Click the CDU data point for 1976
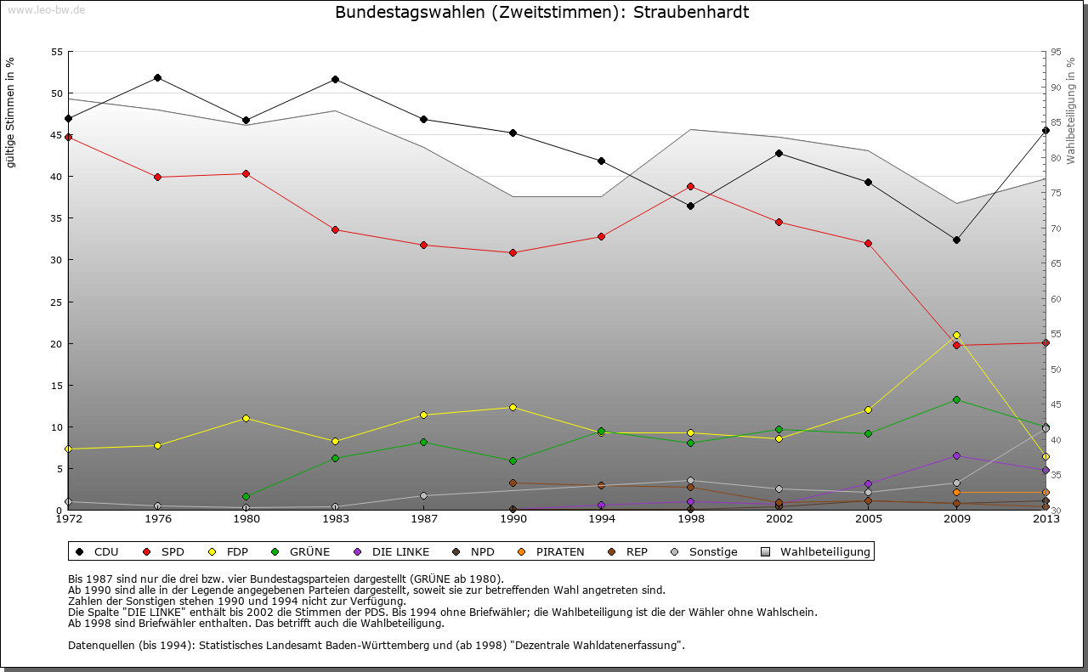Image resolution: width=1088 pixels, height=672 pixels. pos(157,77)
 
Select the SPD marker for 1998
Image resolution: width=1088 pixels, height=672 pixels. pos(690,186)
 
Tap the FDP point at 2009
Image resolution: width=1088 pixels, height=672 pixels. pos(956,335)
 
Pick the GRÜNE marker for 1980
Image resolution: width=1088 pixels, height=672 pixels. pos(246,496)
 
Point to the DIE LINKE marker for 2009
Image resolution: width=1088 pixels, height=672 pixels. pos(956,455)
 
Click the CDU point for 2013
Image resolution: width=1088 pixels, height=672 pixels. pos(1045,130)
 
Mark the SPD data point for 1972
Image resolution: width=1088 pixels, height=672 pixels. pos(68,137)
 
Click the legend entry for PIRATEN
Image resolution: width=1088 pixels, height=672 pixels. pos(552,552)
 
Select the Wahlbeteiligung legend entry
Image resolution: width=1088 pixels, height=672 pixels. pos(817,552)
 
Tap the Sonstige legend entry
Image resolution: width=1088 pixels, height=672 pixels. pos(705,552)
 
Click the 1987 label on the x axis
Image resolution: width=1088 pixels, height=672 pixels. pos(423,518)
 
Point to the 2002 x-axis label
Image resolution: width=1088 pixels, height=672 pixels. pos(779,518)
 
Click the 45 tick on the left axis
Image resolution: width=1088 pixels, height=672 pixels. pos(57,135)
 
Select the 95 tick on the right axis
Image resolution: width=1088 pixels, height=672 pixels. pos(1056,52)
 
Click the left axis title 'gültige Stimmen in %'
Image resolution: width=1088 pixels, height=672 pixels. pos(10,112)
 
